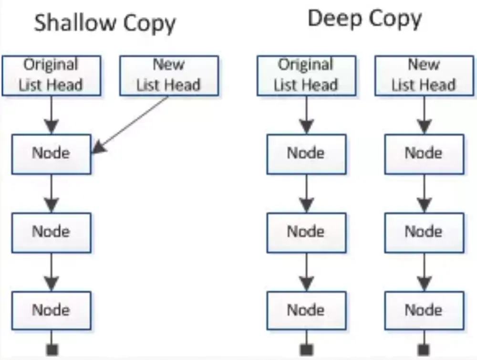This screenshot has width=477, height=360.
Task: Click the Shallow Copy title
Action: coord(105,23)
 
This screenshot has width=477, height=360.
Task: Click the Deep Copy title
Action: coord(365,19)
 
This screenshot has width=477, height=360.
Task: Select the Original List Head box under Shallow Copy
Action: coord(52,75)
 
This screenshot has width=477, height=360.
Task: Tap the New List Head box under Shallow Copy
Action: coord(169,75)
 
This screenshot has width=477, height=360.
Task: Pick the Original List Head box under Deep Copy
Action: coord(306,75)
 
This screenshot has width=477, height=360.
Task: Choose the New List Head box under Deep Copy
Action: coord(425,75)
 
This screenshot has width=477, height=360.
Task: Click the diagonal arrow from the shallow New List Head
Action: coord(130,125)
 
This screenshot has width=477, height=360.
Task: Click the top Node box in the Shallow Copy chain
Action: coord(52,154)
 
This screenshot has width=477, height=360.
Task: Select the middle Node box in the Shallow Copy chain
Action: coord(52,233)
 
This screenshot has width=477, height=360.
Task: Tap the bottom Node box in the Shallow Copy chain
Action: coord(52,311)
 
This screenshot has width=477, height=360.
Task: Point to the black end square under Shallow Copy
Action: coord(52,349)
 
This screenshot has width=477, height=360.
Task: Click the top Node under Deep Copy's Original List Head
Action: coord(306,154)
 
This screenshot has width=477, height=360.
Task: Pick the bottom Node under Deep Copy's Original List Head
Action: coord(306,311)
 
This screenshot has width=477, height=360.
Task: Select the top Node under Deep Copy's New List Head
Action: coord(425,154)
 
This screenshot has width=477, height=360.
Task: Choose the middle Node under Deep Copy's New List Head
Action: coord(425,233)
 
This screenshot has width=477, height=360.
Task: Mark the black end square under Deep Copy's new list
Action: coord(424,349)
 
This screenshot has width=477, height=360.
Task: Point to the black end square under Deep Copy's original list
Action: coord(306,349)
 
